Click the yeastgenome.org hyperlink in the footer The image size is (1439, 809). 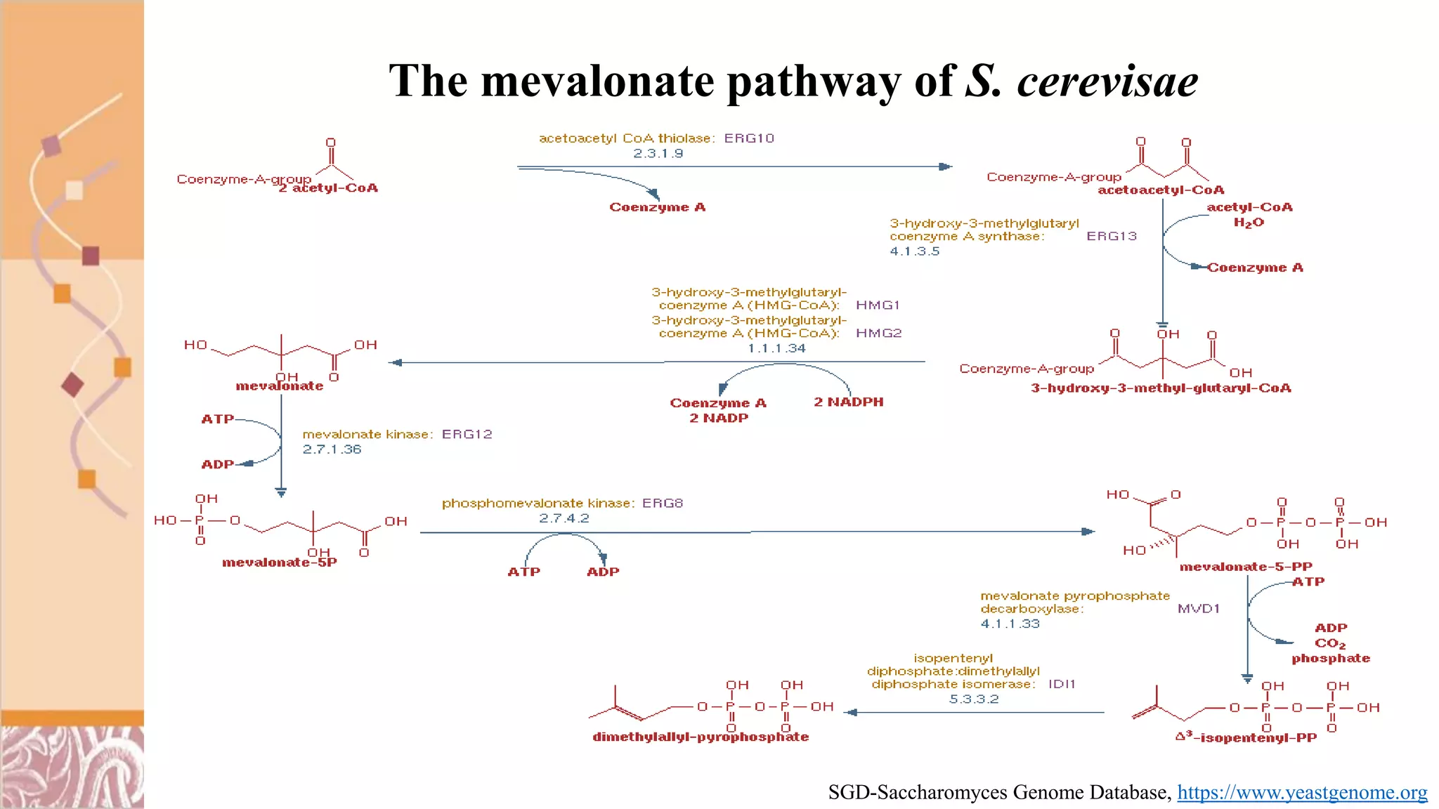[1302, 792]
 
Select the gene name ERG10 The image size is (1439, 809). [749, 138]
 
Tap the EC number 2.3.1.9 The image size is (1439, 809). [658, 153]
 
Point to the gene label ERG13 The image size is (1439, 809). [1112, 236]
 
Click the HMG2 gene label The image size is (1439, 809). [878, 333]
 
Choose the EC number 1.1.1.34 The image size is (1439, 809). [776, 348]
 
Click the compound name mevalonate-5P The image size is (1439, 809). [279, 563]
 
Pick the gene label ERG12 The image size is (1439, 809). [467, 434]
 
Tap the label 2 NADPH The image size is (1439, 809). [848, 402]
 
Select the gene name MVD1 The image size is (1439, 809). [1199, 608]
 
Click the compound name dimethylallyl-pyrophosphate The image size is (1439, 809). [701, 737]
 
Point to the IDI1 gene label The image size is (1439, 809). [1062, 684]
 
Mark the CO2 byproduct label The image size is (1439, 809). [1330, 643]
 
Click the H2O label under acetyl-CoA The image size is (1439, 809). [1249, 223]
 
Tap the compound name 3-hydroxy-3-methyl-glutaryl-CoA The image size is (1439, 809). [1161, 388]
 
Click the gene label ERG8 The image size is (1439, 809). [663, 503]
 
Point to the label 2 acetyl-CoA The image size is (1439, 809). [328, 188]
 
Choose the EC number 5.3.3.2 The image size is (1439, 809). [974, 699]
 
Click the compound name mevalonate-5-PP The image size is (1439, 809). [1246, 567]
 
